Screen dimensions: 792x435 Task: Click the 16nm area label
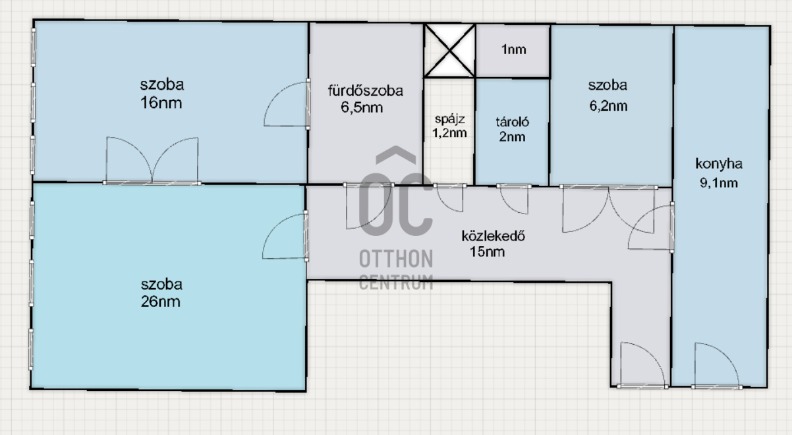161,103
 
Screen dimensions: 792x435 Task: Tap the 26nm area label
161,302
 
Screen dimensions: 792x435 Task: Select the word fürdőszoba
365,91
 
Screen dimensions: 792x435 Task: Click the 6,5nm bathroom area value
362,107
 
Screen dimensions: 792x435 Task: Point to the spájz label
450,119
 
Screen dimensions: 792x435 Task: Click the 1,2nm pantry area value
449,133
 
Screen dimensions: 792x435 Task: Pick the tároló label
513,122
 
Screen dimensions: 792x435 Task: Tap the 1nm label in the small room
514,49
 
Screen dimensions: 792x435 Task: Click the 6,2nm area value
608,105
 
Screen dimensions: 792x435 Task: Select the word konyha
719,163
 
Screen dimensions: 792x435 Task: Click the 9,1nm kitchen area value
719,183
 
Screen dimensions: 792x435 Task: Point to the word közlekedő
494,236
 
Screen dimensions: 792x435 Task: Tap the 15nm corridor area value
487,252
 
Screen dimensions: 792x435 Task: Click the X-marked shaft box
449,51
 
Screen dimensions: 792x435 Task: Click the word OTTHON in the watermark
396,258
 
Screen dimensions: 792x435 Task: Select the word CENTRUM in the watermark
396,282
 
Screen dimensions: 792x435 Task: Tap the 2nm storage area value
512,137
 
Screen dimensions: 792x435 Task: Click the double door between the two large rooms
152,161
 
